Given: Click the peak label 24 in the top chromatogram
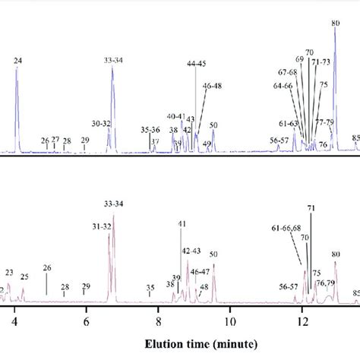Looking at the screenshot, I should click(x=17, y=58).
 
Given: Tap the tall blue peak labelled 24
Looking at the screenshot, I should click(x=17, y=99).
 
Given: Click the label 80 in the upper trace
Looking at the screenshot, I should click(x=335, y=24).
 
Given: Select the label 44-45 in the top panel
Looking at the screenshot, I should click(x=196, y=63).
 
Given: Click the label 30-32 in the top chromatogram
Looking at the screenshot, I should click(x=100, y=123).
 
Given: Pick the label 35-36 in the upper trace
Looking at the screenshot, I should click(x=150, y=130).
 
